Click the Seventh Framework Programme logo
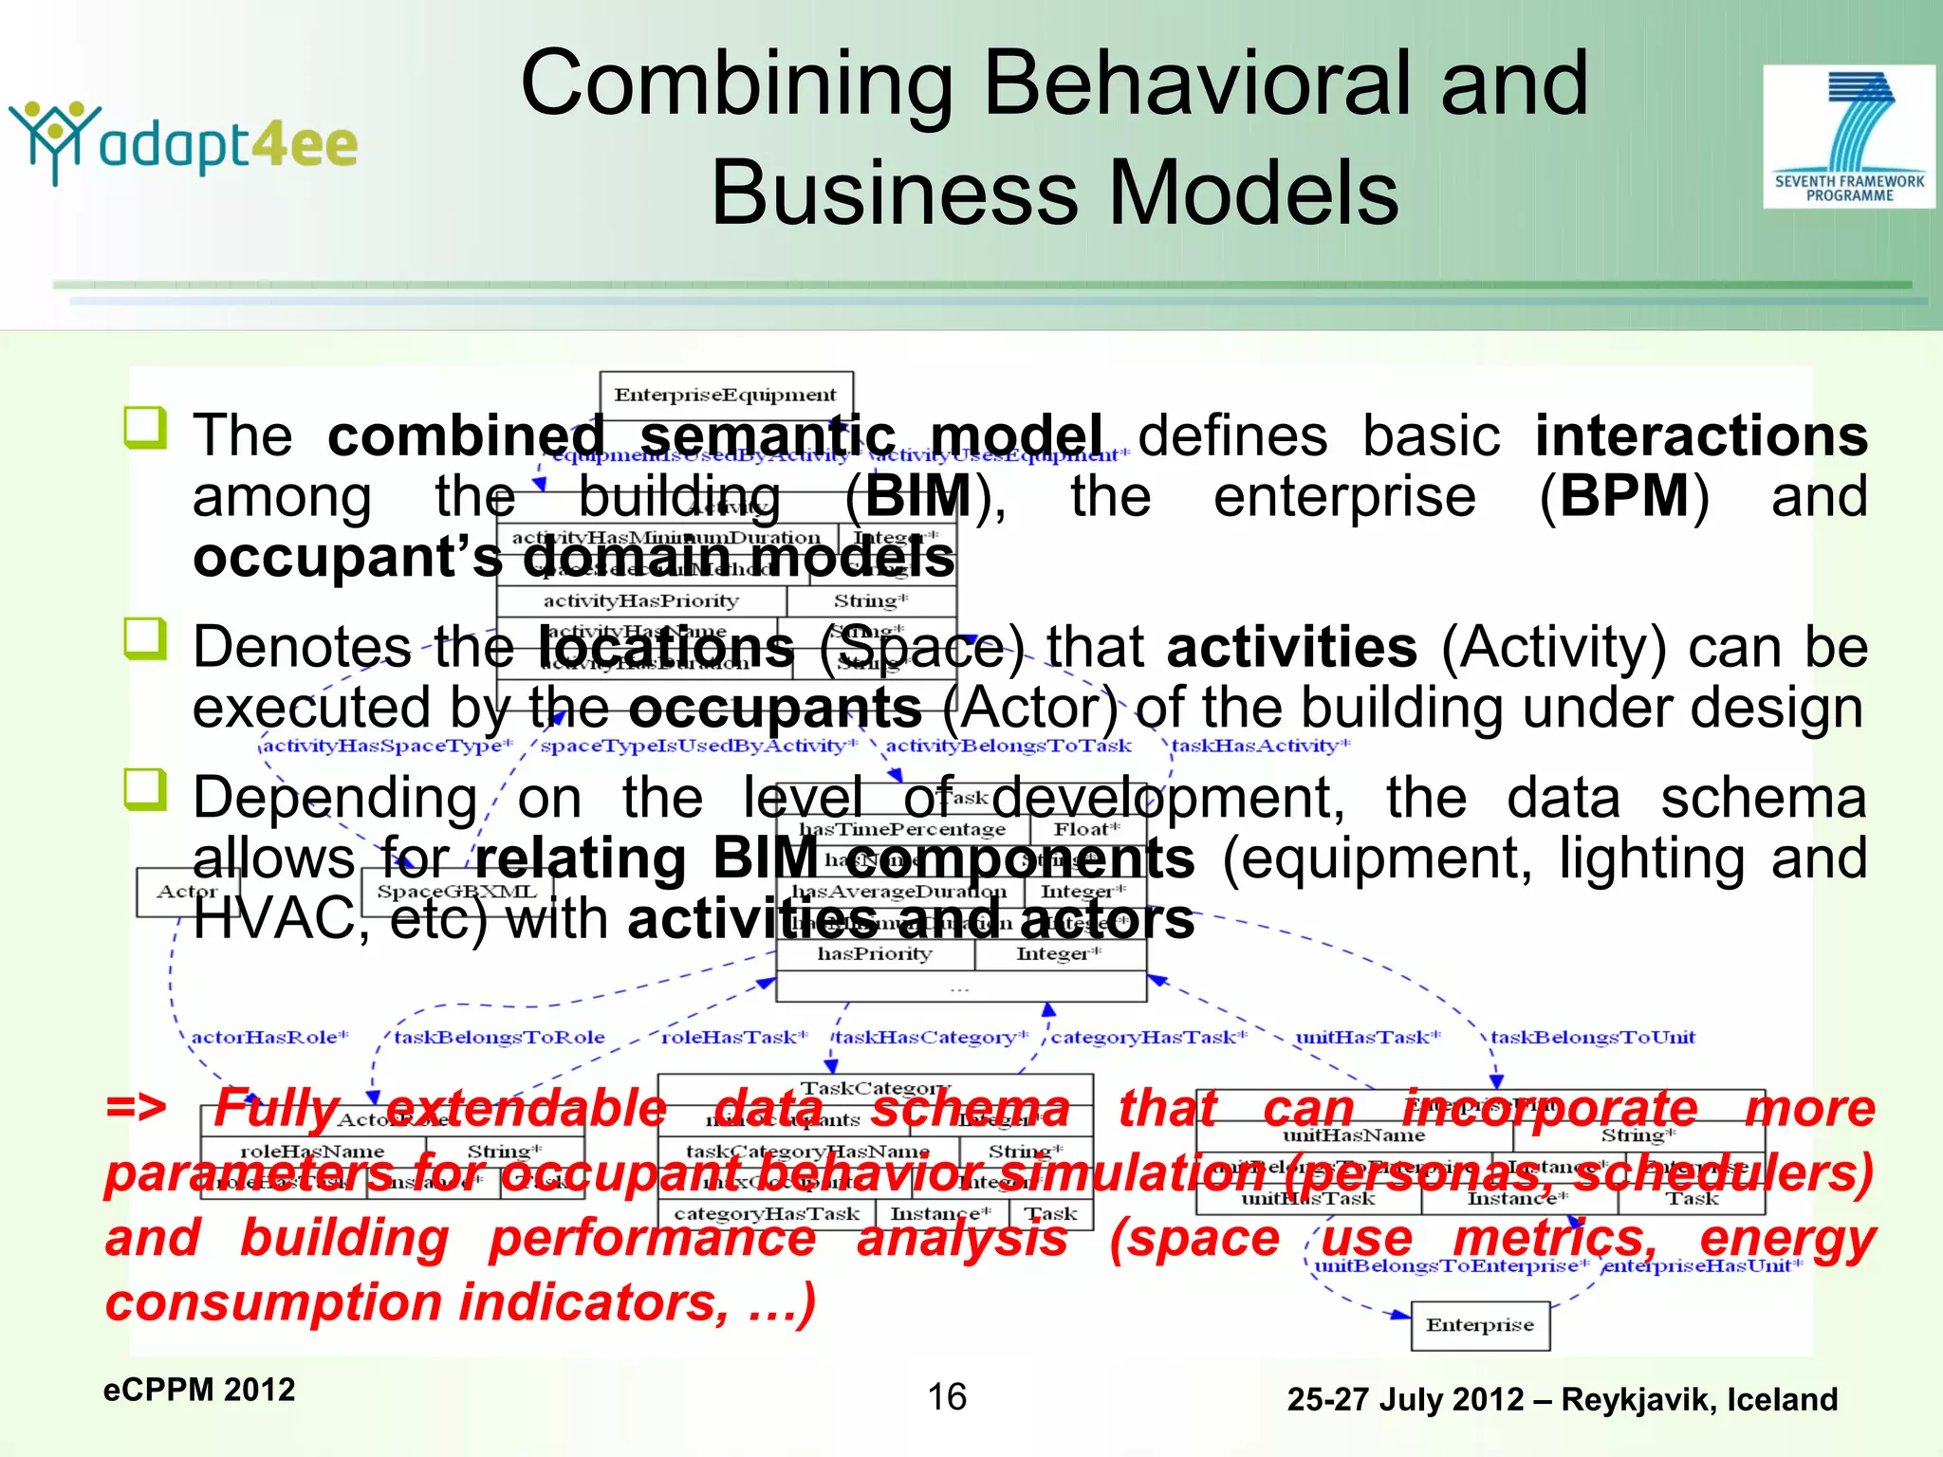click(1848, 136)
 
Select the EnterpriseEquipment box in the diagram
click(726, 395)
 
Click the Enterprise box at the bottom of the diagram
click(1480, 1325)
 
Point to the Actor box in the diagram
click(187, 892)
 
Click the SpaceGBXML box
click(456, 892)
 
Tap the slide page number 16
click(947, 1396)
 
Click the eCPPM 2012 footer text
click(199, 1390)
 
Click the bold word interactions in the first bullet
click(1701, 436)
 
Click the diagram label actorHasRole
click(269, 1037)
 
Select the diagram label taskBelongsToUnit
click(1593, 1037)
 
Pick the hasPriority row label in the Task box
click(875, 954)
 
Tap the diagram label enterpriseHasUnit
click(1701, 1265)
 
